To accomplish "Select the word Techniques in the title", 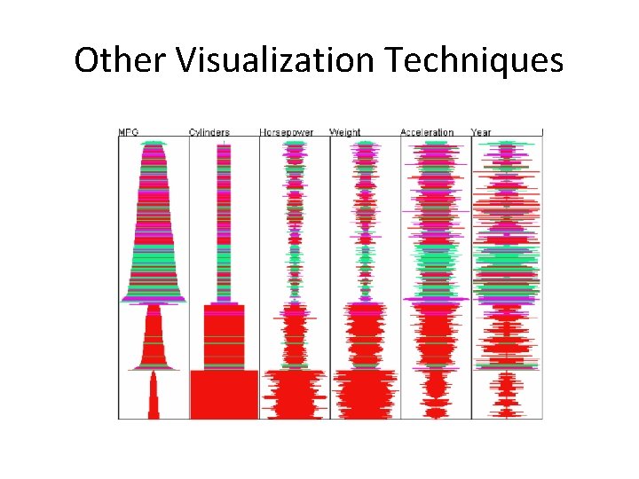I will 475,60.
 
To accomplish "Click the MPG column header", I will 130,132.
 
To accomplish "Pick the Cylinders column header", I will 209,132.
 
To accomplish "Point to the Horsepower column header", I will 286,132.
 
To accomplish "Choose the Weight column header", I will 345,132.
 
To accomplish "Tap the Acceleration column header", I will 427,132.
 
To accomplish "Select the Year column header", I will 481,132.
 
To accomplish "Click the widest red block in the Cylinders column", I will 224,395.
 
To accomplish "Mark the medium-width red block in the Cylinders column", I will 224,337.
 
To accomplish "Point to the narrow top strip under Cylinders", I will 224,222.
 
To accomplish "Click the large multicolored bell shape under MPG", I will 154,231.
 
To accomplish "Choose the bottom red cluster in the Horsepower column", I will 294,395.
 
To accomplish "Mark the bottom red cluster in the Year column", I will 506,395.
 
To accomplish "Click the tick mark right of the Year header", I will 542,132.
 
